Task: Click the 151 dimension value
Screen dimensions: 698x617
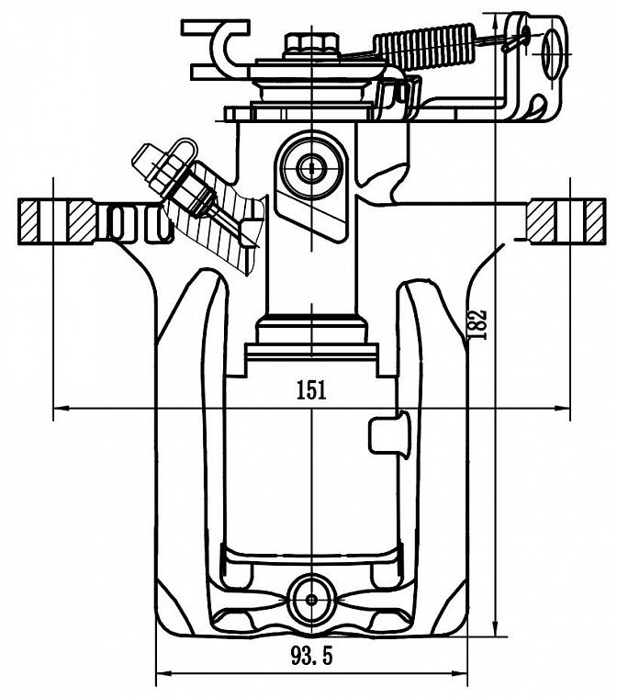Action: (x=311, y=390)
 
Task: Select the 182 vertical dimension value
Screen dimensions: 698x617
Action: (x=477, y=324)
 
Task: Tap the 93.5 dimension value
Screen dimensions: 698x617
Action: (x=311, y=656)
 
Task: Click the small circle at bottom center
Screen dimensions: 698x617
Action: (x=311, y=599)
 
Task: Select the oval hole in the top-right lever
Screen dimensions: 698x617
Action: (x=552, y=52)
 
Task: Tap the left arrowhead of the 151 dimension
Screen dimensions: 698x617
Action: (x=59, y=408)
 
